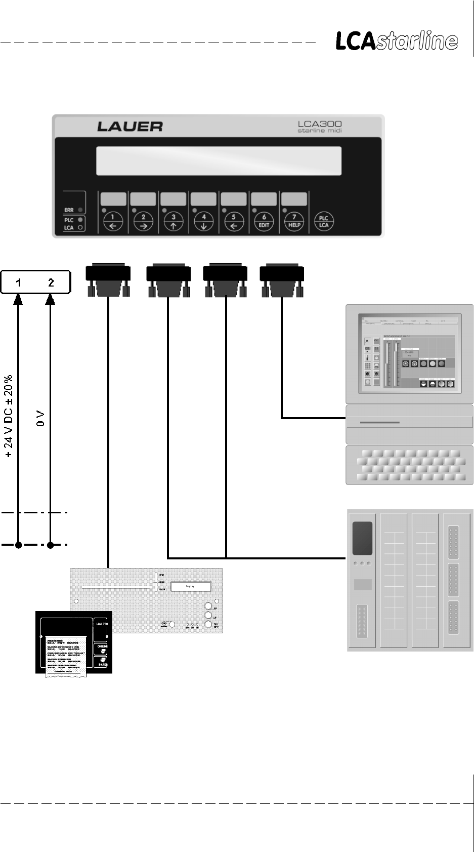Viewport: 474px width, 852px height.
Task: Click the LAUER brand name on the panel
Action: pyautogui.click(x=130, y=126)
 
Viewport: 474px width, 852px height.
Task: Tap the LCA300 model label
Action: pyautogui.click(x=320, y=124)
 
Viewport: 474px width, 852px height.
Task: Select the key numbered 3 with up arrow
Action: pyautogui.click(x=174, y=221)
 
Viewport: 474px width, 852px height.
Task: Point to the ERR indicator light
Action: pyautogui.click(x=80, y=209)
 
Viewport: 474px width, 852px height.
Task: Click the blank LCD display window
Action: pyautogui.click(x=218, y=160)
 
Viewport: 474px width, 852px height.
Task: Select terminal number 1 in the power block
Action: pyautogui.click(x=18, y=282)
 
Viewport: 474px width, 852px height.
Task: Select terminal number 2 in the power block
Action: pyautogui.click(x=51, y=282)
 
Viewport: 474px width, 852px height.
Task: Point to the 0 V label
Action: pyautogui.click(x=41, y=419)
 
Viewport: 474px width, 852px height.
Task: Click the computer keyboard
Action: pyautogui.click(x=409, y=465)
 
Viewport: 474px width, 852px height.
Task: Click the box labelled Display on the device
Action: pyautogui.click(x=190, y=587)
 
